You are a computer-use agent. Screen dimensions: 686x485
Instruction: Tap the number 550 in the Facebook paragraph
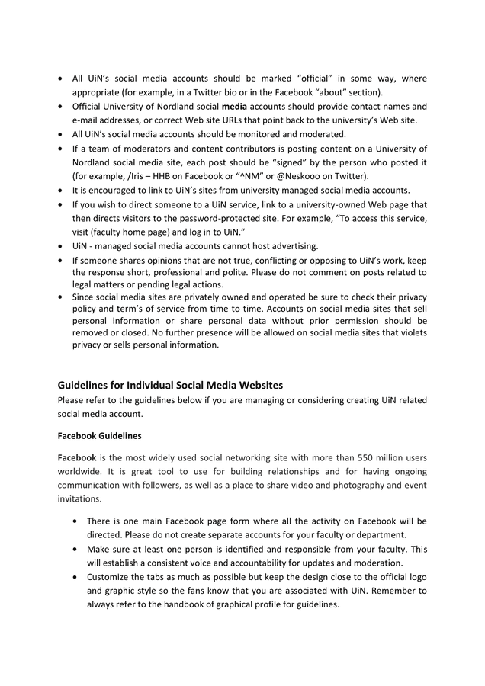tap(343, 457)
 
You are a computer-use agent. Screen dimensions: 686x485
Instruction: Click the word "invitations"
tap(80, 498)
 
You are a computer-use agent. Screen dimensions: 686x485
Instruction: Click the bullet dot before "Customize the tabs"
tap(73, 577)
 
